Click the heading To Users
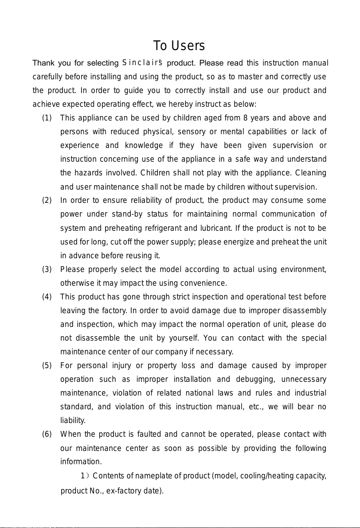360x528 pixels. coord(179,46)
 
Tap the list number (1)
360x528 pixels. coord(46,118)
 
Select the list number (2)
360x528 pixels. coord(46,201)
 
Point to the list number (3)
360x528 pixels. coord(46,269)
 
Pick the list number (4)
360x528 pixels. coord(46,297)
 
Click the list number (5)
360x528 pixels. coord(46,366)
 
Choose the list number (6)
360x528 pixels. coord(46,435)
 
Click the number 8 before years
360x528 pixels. coord(245,118)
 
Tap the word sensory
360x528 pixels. coord(196,132)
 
